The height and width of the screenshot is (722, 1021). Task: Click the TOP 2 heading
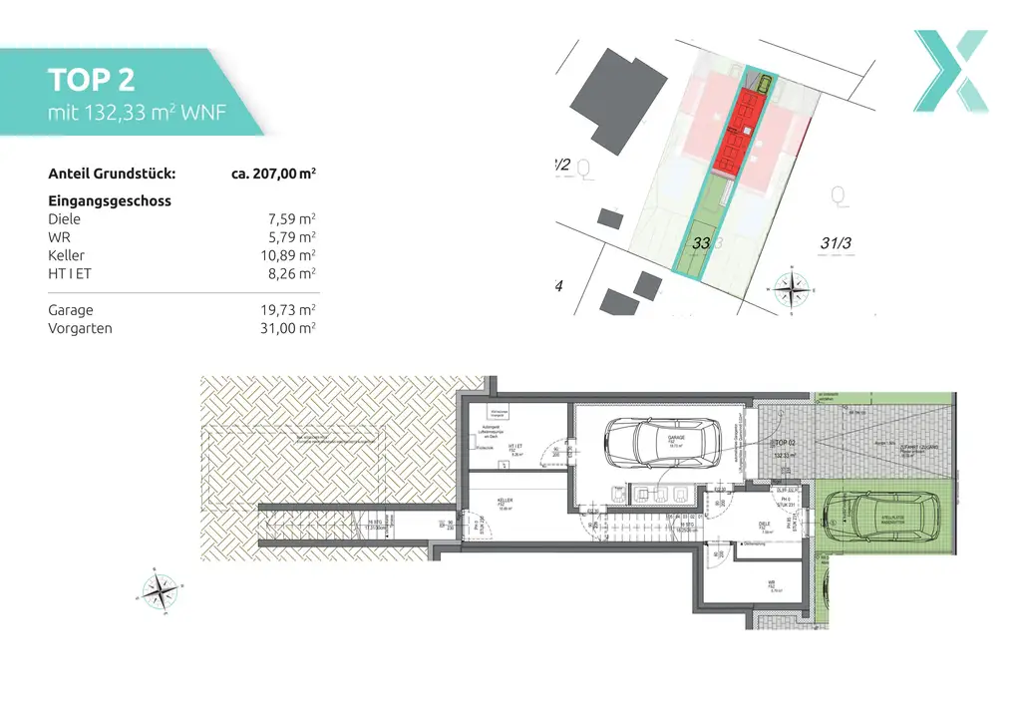[92, 80]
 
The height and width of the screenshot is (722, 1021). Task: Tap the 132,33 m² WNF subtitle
[138, 112]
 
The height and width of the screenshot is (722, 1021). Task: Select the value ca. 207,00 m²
[273, 173]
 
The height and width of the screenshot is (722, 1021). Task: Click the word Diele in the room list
[65, 219]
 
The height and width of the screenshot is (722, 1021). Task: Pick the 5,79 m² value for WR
[294, 237]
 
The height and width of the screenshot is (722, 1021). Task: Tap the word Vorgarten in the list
[81, 328]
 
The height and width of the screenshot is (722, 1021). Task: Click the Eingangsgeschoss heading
[110, 200]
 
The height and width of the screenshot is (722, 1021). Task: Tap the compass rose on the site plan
[792, 290]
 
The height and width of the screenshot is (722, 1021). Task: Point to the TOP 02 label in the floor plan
[786, 441]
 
